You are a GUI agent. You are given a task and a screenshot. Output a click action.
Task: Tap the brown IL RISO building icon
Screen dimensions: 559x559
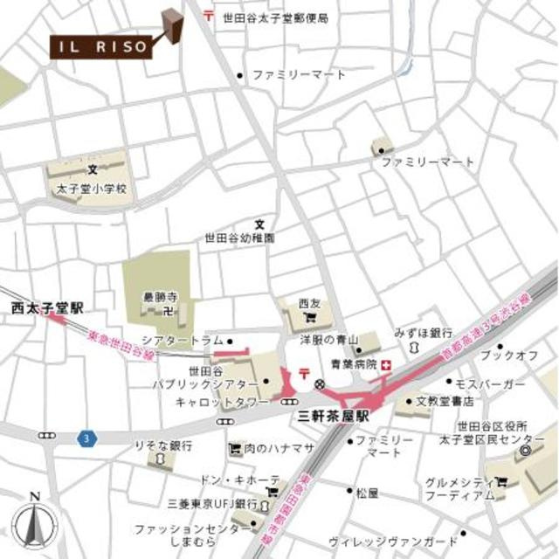click(174, 26)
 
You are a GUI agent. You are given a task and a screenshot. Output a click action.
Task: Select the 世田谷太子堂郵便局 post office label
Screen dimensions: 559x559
click(275, 16)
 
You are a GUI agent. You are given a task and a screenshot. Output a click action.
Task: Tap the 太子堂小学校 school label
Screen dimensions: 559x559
click(92, 188)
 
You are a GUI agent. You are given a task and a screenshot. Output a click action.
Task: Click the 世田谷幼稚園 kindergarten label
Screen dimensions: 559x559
click(239, 237)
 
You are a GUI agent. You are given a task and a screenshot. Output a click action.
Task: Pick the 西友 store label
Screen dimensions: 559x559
click(309, 303)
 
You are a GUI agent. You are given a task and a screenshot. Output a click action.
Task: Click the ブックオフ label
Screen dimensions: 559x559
click(509, 355)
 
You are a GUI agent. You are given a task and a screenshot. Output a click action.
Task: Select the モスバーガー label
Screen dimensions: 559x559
click(495, 384)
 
